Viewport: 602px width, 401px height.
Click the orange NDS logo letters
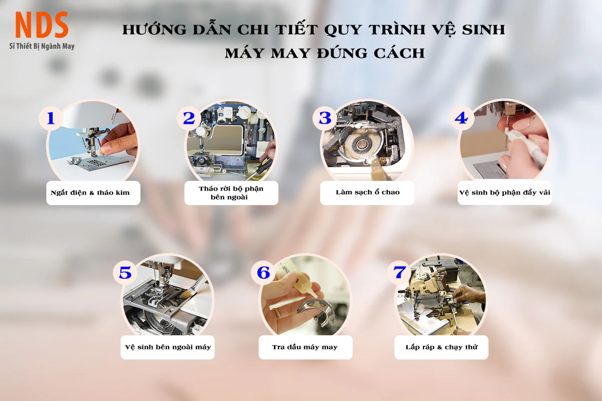pyautogui.click(x=42, y=25)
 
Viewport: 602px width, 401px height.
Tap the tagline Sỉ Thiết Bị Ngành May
pyautogui.click(x=42, y=46)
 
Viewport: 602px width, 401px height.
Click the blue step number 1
pyautogui.click(x=51, y=118)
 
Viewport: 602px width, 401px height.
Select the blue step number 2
pyautogui.click(x=189, y=118)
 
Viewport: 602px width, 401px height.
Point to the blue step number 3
pyautogui.click(x=325, y=118)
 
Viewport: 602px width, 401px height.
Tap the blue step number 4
pyautogui.click(x=461, y=118)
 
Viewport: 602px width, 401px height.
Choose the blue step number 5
pyautogui.click(x=125, y=273)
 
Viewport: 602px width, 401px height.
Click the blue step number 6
pyautogui.click(x=263, y=273)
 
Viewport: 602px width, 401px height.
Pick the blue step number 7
pyautogui.click(x=399, y=272)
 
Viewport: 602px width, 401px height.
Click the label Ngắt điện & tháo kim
pyautogui.click(x=90, y=192)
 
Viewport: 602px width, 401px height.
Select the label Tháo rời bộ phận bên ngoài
pyautogui.click(x=231, y=193)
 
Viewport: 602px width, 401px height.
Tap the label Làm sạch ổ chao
pyautogui.click(x=368, y=192)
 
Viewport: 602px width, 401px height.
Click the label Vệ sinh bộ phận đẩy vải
pyautogui.click(x=505, y=192)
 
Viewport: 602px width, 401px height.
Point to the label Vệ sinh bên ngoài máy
pyautogui.click(x=168, y=347)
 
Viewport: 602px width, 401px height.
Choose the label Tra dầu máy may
pyautogui.click(x=305, y=347)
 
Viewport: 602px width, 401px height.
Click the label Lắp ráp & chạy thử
pyautogui.click(x=441, y=347)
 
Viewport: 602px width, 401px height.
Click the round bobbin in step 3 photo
pyautogui.click(x=362, y=145)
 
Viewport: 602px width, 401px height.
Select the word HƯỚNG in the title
pyautogui.click(x=155, y=29)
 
